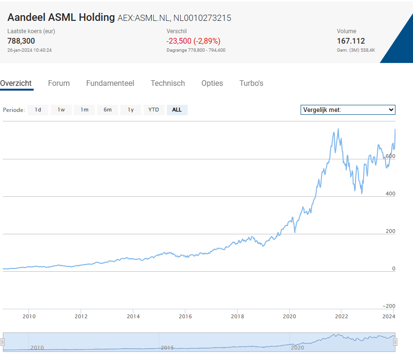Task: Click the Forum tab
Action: point(59,83)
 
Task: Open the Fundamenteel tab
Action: point(110,83)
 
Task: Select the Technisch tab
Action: point(168,83)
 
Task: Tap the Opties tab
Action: point(212,83)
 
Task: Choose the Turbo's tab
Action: point(251,83)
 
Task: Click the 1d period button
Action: point(38,110)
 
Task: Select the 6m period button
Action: point(108,110)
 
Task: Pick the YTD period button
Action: point(154,110)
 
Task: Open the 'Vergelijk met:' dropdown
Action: point(348,110)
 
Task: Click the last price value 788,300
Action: point(21,41)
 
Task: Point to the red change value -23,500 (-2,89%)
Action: point(193,41)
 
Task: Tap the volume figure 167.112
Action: point(351,41)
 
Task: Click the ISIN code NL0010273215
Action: point(202,18)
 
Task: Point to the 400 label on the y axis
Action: point(390,194)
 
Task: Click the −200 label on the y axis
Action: point(389,306)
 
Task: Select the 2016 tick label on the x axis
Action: point(185,316)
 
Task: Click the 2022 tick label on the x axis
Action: point(341,316)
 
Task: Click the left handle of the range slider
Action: point(2,342)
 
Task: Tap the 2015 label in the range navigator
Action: point(167,348)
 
